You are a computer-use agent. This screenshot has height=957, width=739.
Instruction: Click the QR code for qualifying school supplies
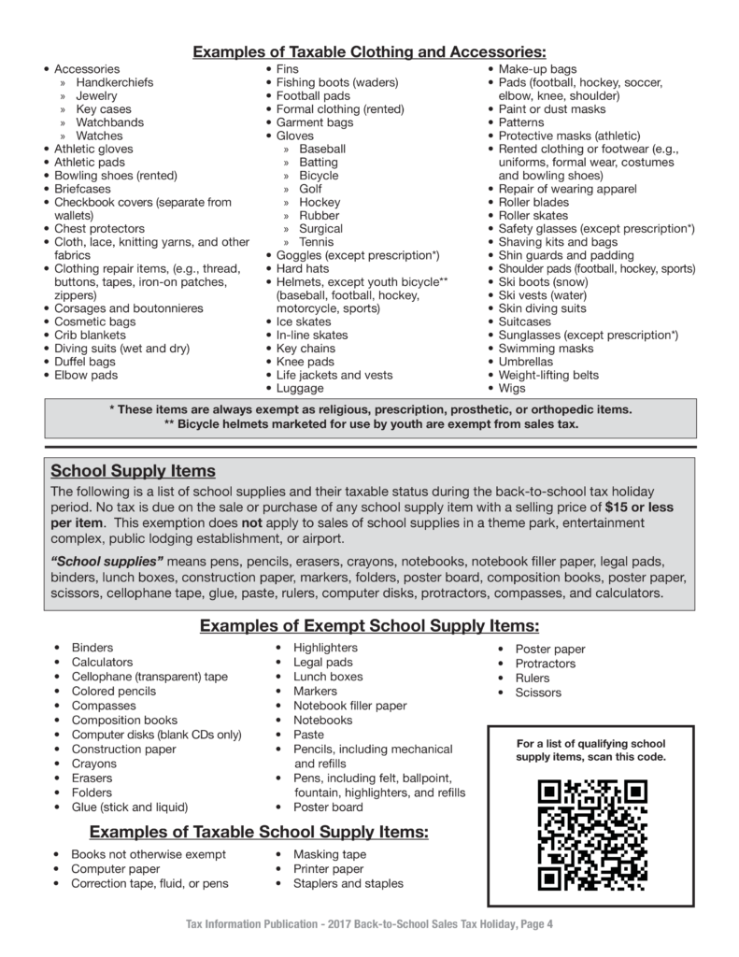tap(593, 835)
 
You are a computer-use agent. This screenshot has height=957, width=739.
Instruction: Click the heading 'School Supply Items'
tap(134, 471)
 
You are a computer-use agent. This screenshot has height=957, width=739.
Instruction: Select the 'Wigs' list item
tap(512, 388)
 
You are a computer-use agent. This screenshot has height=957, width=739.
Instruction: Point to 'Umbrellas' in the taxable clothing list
tap(526, 362)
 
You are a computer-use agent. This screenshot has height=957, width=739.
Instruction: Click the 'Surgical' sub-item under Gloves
tap(320, 228)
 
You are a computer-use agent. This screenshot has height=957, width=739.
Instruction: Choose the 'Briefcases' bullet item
tap(82, 189)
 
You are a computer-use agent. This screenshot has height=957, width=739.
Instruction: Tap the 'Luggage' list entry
tap(300, 388)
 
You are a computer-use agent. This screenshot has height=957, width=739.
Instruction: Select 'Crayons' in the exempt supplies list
tap(94, 764)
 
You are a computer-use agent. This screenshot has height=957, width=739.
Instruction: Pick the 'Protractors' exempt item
tap(546, 664)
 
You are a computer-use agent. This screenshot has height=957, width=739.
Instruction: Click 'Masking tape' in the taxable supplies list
tap(330, 854)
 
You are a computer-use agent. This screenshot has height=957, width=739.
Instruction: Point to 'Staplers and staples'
tap(348, 883)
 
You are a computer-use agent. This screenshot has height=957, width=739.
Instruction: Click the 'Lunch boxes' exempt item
tap(328, 677)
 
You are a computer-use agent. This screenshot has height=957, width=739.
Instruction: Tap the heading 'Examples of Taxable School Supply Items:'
tap(259, 832)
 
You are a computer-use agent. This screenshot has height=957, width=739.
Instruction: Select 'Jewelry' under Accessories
tap(96, 95)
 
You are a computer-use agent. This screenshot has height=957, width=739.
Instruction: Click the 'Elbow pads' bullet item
tap(86, 375)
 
